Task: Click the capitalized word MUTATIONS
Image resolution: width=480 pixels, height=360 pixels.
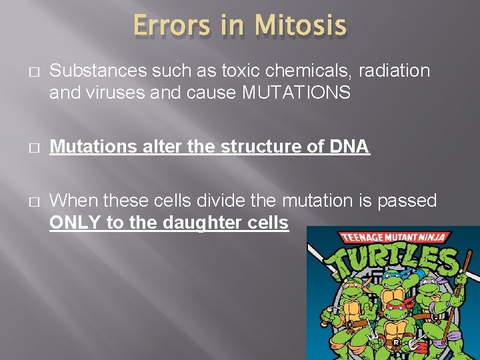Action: [x=297, y=93]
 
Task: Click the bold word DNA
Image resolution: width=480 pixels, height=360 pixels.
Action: [x=349, y=147]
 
